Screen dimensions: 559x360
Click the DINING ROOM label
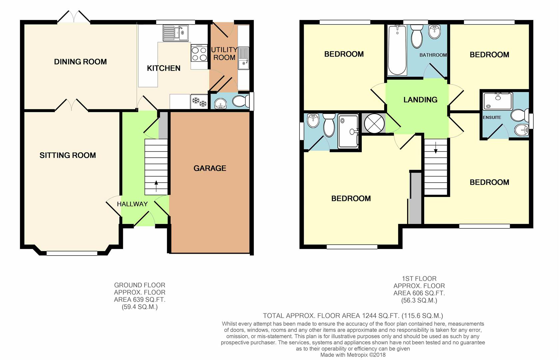pos(80,62)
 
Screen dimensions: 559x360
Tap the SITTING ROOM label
pos(68,155)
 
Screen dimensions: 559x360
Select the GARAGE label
pos(210,168)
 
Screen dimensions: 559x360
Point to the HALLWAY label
pos(132,204)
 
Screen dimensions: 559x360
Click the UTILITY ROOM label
pos(224,53)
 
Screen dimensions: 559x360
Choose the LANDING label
pos(420,100)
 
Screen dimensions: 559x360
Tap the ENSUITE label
pos(492,117)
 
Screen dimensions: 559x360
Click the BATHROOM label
pos(433,55)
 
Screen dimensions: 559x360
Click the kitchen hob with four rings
pos(199,53)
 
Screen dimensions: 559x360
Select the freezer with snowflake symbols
pos(199,102)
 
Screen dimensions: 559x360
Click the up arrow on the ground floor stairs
pos(156,186)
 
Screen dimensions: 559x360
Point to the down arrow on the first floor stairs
pos(436,148)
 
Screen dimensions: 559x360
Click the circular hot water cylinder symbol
pos(374,123)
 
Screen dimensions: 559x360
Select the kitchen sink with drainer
pos(176,33)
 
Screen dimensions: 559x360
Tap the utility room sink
pos(243,58)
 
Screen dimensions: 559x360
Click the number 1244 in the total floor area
pos(369,316)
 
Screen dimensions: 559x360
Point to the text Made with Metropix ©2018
pos(353,355)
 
